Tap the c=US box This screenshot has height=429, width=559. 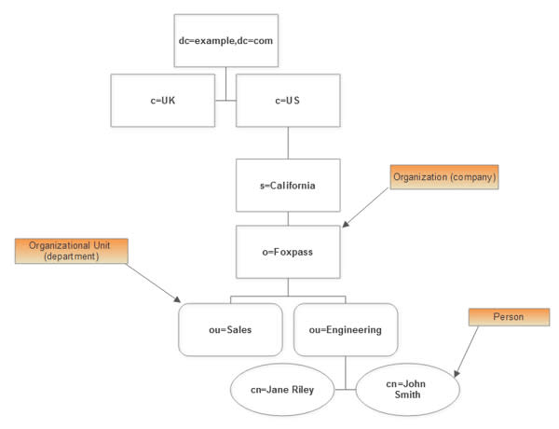[288, 100]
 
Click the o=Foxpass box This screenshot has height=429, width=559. [288, 253]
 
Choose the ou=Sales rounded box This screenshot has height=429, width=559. [230, 329]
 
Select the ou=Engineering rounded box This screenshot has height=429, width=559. [346, 329]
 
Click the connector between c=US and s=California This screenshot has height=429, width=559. [288, 143]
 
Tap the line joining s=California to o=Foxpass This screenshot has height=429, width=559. [288, 218]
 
